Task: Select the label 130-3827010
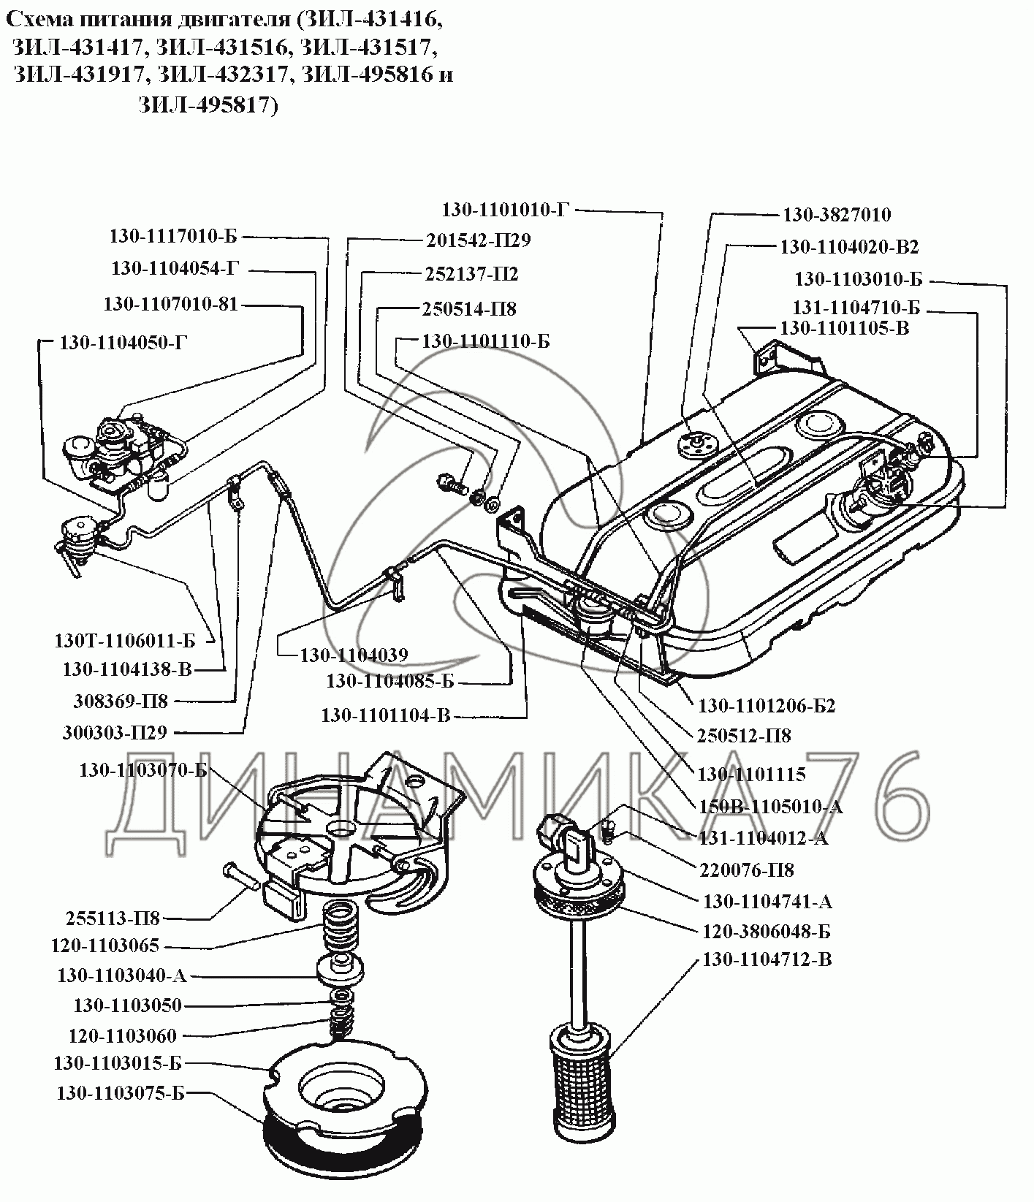point(837,215)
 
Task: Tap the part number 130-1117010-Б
point(174,237)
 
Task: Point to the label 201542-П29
point(477,240)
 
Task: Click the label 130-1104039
point(354,655)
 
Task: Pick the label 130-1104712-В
point(767,959)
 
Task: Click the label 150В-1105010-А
point(770,807)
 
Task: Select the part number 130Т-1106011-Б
point(125,641)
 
